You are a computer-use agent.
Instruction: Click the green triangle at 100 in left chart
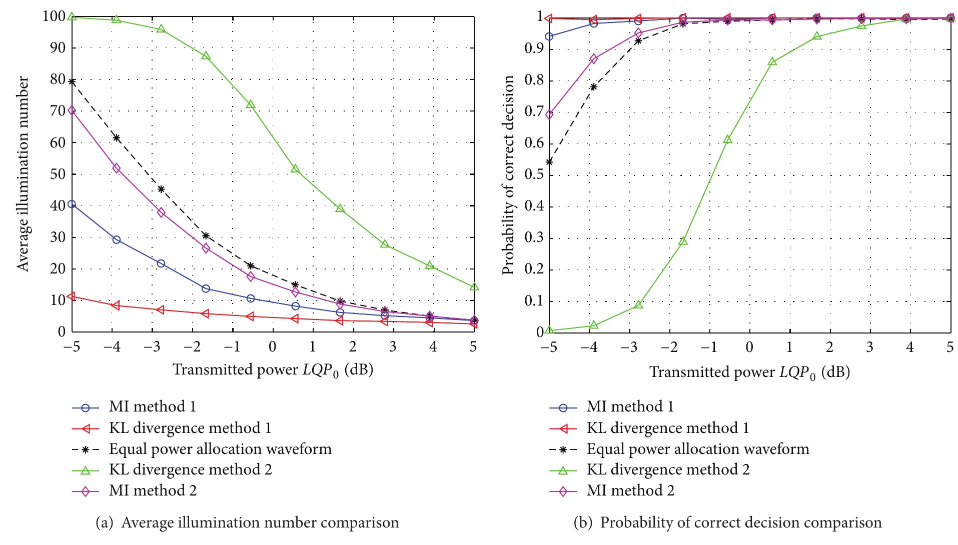72,17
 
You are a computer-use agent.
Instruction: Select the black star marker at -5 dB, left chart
72,81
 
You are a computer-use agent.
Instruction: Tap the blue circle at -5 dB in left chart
72,204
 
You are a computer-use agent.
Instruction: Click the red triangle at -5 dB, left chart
72,296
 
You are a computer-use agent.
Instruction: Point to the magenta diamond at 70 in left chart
72,110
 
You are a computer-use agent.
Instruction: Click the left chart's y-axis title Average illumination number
24,174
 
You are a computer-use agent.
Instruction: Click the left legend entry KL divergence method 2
190,469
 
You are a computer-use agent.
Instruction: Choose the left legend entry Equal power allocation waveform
220,448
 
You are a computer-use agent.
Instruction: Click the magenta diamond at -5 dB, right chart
549,114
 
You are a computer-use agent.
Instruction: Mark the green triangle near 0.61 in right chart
728,139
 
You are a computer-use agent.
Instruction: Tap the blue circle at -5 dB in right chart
549,36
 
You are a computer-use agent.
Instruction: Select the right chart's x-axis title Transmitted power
749,372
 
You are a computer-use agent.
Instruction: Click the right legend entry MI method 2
630,490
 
